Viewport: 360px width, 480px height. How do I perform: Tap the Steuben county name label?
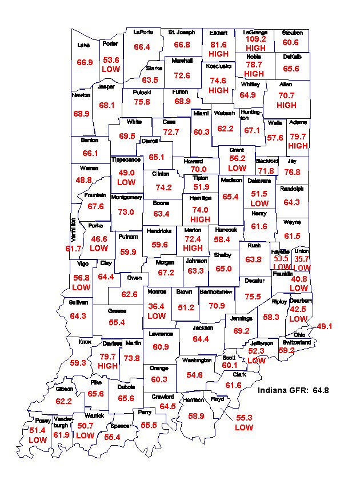[x=292, y=33]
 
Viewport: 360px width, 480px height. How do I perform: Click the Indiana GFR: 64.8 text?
[x=293, y=390]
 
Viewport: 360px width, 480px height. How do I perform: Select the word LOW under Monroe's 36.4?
[x=157, y=315]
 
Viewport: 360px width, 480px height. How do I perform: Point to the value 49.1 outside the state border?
[x=325, y=326]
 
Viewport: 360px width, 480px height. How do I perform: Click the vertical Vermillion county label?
[x=73, y=229]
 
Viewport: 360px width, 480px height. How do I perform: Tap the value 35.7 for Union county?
[x=301, y=258]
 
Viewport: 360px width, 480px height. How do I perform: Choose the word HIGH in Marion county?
[x=193, y=248]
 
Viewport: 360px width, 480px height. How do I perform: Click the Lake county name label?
[x=83, y=44]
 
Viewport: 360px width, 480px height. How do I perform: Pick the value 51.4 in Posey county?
[x=37, y=430]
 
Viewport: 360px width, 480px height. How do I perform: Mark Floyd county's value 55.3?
[x=244, y=418]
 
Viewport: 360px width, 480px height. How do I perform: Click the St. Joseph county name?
[x=182, y=32]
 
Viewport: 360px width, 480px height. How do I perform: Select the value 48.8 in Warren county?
[x=83, y=180]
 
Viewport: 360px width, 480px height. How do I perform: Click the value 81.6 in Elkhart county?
[x=218, y=44]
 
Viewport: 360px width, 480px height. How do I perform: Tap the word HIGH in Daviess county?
[x=107, y=366]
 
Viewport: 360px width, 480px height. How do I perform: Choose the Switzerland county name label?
[x=297, y=342]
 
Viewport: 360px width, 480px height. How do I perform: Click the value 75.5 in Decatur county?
[x=253, y=297]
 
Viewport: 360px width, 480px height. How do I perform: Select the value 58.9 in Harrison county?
[x=196, y=416]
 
